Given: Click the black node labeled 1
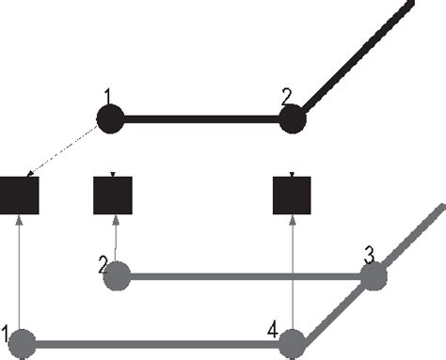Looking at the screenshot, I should click(110, 119).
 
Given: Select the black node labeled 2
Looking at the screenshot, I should click(292, 119).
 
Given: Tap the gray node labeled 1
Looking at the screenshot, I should click(21, 343).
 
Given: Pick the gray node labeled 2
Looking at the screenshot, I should click(116, 276).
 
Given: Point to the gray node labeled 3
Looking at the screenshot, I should click(374, 276).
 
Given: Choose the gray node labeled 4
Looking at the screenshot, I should click(293, 343).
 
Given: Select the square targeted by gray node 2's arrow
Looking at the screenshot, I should click(112, 196).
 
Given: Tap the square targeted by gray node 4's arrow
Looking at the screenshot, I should click(292, 196).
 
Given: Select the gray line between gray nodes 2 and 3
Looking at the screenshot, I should click(245, 276).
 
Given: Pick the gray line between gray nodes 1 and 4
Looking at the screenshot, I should click(155, 343).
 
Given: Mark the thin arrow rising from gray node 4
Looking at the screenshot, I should click(293, 273).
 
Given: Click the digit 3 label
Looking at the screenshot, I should click(370, 254).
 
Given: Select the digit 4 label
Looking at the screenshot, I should click(272, 329).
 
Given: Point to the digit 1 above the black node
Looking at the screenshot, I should click(109, 96).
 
